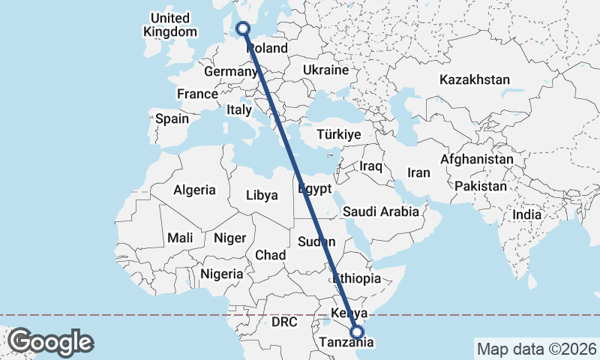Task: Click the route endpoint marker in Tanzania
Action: pos(357,331)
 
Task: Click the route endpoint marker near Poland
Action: pos(242,28)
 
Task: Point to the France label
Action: pos(197,94)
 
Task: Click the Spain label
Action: pos(172,118)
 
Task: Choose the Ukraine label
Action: pos(325,70)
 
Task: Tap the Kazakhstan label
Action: pos(475,79)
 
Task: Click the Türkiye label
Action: pos(339,134)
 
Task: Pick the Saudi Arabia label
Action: pos(381,211)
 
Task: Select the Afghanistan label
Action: pos(477,160)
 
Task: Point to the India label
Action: pos(526,214)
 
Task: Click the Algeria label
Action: pos(194,190)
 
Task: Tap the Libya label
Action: pos(262,195)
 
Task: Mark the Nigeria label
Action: pos(222,274)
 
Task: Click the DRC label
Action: pos(284,322)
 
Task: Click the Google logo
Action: pos(50,343)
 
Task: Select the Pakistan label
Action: pos(481,185)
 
